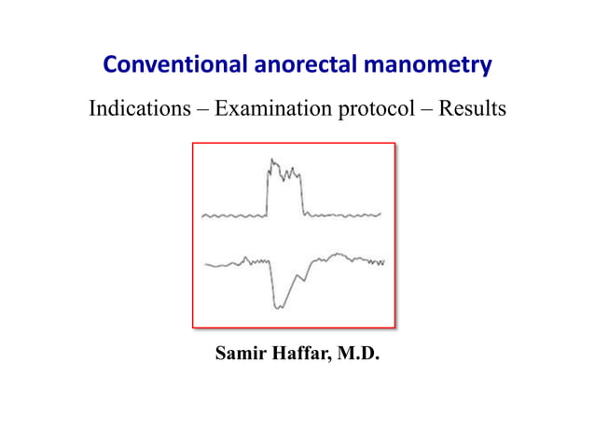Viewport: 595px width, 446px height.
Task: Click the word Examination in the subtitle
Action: point(269,108)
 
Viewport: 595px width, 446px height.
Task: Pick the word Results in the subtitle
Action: point(474,108)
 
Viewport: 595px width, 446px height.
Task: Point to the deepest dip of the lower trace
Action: point(279,304)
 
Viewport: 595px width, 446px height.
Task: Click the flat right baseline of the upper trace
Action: point(345,216)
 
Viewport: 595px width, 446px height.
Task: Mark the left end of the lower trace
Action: point(206,266)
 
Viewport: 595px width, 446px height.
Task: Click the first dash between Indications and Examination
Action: point(199,109)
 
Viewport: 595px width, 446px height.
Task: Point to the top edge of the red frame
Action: point(294,143)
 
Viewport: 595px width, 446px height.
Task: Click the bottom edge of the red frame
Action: point(294,328)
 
